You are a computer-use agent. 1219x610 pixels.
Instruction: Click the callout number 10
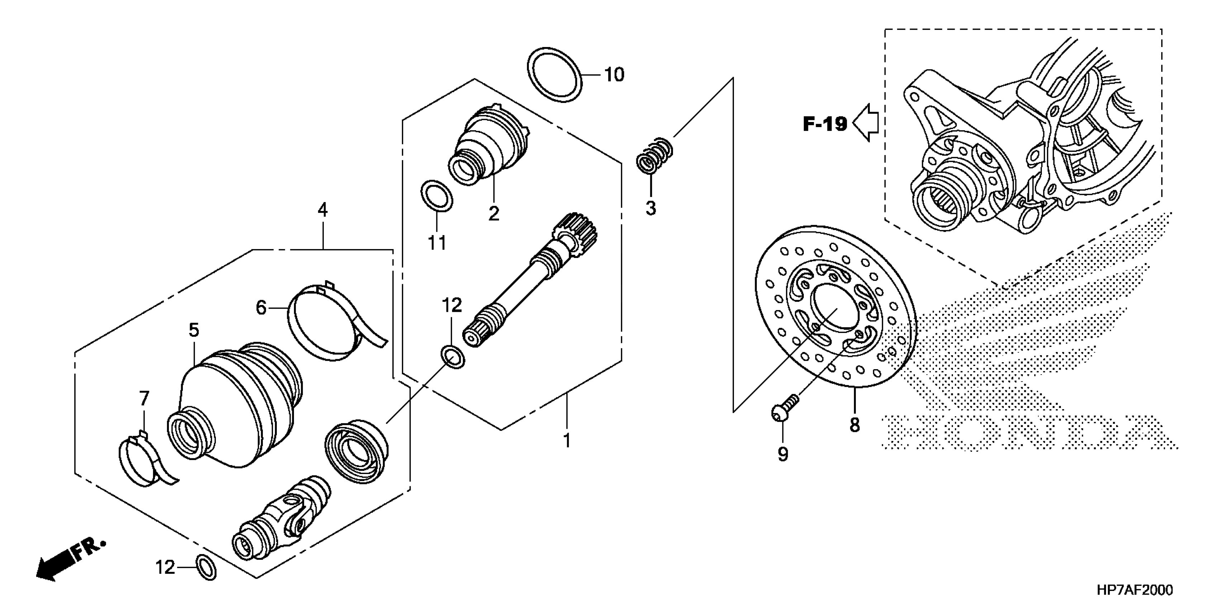click(614, 75)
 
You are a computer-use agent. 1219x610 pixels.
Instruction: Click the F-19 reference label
click(825, 124)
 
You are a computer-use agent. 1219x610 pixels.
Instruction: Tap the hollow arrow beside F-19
click(866, 123)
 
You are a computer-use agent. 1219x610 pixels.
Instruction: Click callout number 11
click(437, 243)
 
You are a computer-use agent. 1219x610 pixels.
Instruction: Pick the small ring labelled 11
click(436, 194)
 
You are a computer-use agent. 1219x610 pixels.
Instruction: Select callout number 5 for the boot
click(194, 330)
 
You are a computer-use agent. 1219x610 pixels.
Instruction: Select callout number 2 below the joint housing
click(494, 213)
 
